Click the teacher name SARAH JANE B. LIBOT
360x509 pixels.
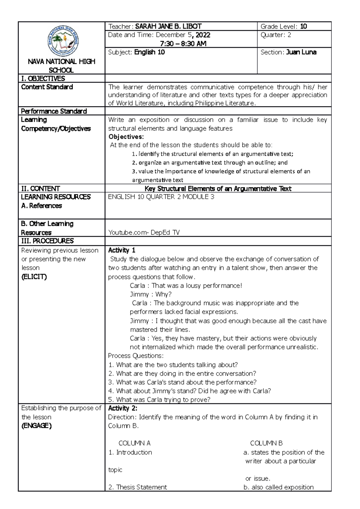click(168, 26)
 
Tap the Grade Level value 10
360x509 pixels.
click(303, 26)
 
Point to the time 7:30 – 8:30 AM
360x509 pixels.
click(183, 44)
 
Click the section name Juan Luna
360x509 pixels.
click(301, 52)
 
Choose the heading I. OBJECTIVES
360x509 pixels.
click(43, 79)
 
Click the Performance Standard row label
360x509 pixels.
click(54, 111)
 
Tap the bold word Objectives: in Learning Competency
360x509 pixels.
click(126, 137)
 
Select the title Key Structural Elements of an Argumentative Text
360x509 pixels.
click(218, 189)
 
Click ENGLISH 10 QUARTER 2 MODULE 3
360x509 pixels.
click(161, 197)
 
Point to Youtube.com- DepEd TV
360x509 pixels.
click(144, 232)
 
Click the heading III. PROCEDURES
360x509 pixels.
click(47, 241)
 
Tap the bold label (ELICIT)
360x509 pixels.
click(34, 277)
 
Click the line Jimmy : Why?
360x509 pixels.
click(151, 294)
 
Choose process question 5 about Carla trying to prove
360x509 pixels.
click(159, 400)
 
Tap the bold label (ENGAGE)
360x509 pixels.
click(37, 426)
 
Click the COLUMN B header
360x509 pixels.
click(266, 443)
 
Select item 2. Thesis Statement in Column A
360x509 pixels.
click(138, 487)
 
